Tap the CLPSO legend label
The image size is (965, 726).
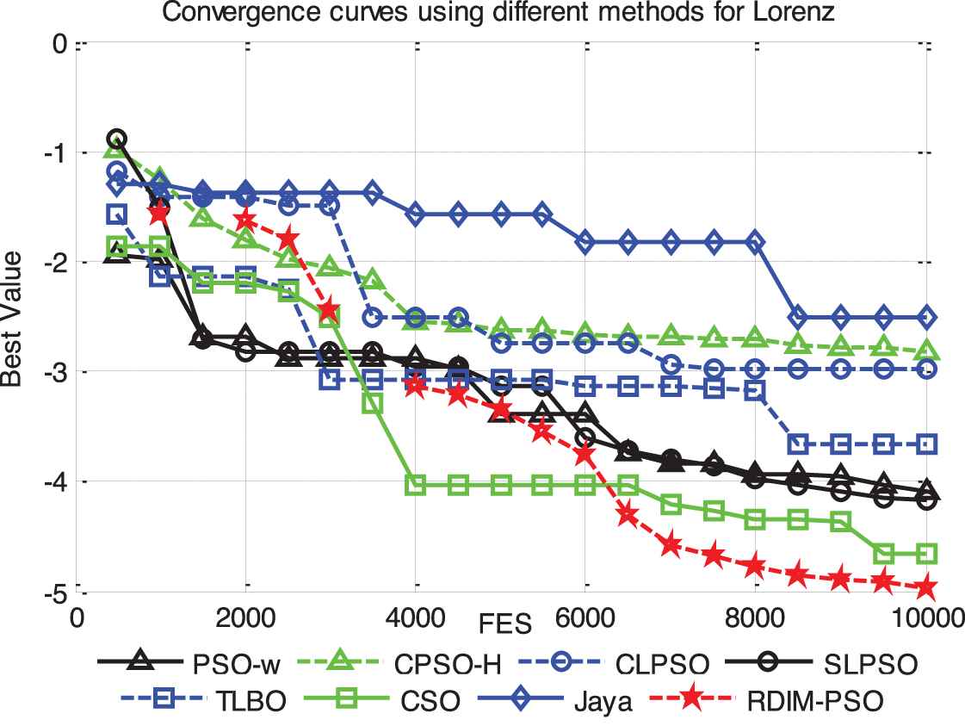pos(665,665)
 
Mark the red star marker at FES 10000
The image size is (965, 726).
pos(926,588)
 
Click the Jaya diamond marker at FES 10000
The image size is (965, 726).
pos(926,317)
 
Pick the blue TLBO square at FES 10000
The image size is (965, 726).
pos(926,444)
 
